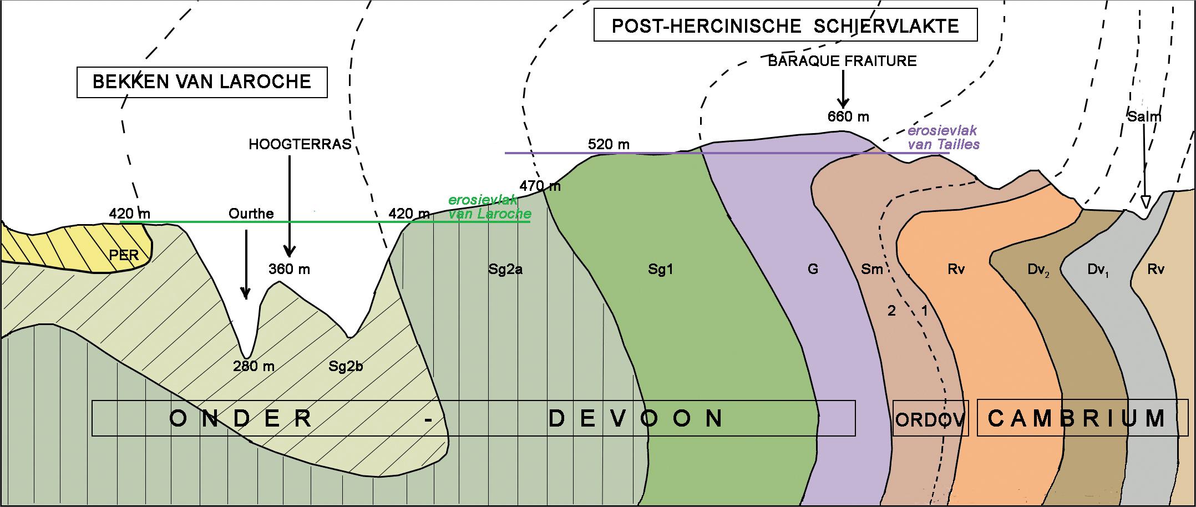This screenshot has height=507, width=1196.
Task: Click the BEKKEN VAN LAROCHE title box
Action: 201,82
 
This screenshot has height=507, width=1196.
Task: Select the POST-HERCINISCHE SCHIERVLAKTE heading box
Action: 785,26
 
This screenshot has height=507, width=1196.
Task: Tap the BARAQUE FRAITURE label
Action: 842,61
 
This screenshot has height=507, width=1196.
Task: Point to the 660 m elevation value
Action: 848,116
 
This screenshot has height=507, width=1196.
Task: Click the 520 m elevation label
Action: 609,145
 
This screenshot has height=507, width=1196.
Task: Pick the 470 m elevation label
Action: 540,186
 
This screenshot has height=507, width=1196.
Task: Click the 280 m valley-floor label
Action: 254,366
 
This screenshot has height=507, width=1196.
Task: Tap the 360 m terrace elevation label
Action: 289,270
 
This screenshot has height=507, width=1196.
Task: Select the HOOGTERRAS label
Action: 300,145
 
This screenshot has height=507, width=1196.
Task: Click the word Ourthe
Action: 251,214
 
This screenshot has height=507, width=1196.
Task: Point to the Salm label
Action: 1144,116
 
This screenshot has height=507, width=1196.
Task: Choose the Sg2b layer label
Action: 346,366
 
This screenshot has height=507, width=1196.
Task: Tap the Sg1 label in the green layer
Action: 661,270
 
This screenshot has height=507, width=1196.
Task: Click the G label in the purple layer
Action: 813,270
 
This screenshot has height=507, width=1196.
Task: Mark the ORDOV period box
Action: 930,418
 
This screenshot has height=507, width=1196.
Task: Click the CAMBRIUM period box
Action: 1082,418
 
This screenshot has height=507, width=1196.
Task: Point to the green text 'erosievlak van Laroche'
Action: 489,207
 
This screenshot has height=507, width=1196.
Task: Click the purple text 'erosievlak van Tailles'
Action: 943,138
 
